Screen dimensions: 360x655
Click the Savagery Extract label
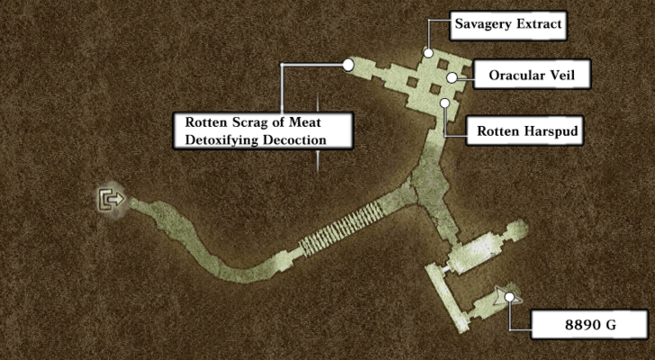[x=509, y=26]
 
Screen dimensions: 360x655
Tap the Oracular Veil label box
[x=531, y=76]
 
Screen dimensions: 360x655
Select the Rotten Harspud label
[x=525, y=132]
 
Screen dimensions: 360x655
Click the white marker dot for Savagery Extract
[x=430, y=53]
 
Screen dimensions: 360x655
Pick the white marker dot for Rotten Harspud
[x=444, y=103]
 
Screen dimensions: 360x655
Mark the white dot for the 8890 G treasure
[x=510, y=296]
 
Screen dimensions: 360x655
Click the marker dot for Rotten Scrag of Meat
[x=348, y=64]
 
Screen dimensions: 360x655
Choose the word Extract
[x=535, y=26]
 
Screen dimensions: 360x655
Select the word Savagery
[x=483, y=26]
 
